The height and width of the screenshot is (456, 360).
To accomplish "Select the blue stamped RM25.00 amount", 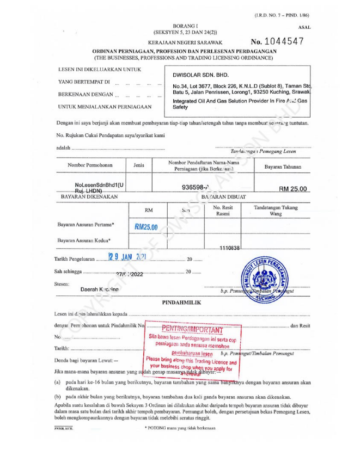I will (x=146, y=227).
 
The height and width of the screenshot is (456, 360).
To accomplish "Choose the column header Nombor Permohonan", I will (x=90, y=165).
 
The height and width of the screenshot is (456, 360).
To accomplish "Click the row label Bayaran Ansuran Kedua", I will (x=84, y=240).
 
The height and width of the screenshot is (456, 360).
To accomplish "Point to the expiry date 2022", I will (x=131, y=274).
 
